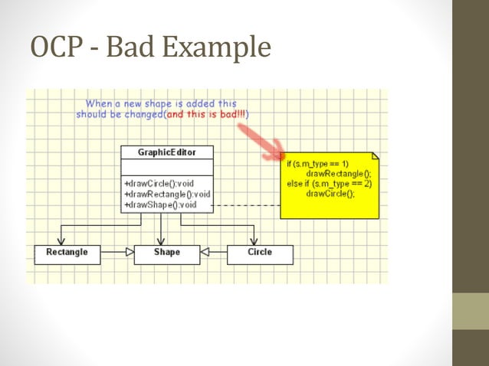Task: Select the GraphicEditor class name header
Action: [166, 152]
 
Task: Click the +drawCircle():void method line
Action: [159, 185]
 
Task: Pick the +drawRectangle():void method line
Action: [167, 194]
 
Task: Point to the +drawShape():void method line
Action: [160, 204]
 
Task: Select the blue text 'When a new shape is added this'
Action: [161, 103]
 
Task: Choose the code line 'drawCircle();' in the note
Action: [330, 193]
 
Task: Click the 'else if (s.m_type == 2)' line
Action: [329, 184]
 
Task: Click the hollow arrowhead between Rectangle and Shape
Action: [129, 251]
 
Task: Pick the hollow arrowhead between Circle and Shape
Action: [205, 251]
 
